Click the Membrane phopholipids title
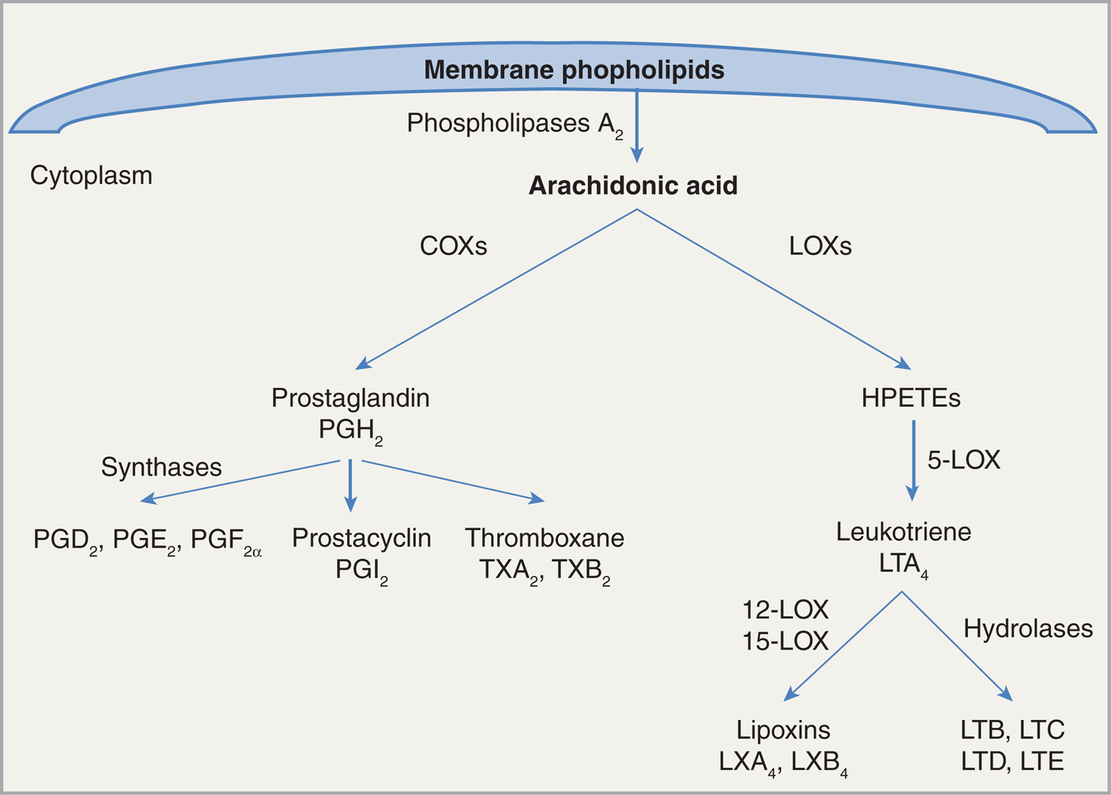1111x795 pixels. (574, 70)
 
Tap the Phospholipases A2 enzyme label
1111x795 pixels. (514, 124)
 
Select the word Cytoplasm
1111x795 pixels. (91, 175)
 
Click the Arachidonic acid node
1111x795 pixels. (633, 186)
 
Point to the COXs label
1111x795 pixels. (453, 246)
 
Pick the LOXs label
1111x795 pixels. (820, 246)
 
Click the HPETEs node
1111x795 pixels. (911, 398)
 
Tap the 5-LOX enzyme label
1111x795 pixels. (963, 460)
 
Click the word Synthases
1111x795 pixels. (161, 467)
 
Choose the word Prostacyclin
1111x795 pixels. (361, 538)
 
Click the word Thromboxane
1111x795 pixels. (544, 538)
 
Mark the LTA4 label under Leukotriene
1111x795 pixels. (903, 564)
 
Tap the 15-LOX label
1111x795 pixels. (785, 641)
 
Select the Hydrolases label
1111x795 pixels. (1027, 628)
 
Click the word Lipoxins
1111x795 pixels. (783, 730)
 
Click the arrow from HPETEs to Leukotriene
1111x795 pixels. (912, 461)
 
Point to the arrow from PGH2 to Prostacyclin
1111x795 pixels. (350, 485)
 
